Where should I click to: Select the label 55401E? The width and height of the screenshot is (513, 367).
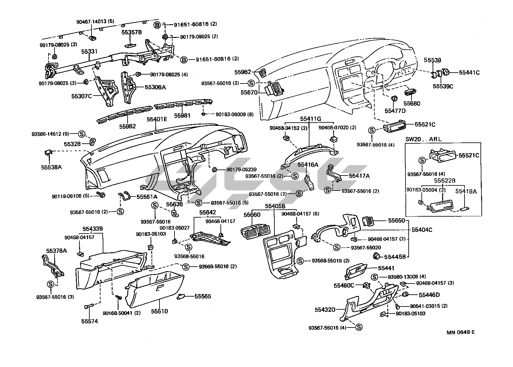coord(157,119)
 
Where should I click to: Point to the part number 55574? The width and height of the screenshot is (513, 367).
coord(89,321)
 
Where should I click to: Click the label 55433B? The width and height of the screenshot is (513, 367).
coord(93,229)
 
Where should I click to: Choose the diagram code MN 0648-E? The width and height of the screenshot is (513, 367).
coord(461,332)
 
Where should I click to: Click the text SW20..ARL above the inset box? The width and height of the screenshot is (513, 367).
coord(421,139)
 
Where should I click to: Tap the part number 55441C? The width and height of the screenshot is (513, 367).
coord(469,73)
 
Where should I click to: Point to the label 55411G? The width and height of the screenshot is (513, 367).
coord(310,119)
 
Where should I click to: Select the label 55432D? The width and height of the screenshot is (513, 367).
coord(325,309)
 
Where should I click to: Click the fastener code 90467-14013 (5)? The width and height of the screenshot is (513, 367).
coord(95,22)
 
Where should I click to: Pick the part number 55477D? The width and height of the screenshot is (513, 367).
coord(395,111)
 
